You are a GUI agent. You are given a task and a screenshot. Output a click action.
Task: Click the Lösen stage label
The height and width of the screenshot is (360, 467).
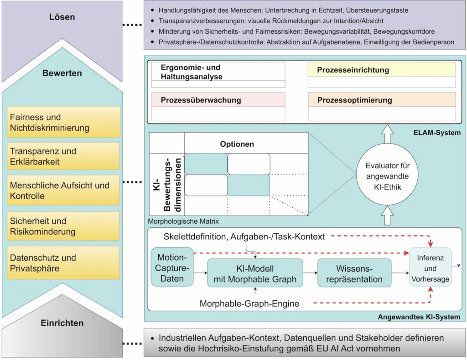click(62, 17)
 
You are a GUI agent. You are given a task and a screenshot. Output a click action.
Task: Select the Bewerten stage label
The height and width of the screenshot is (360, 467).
click(62, 73)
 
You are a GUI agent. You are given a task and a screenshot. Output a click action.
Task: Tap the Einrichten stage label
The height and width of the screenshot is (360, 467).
click(62, 323)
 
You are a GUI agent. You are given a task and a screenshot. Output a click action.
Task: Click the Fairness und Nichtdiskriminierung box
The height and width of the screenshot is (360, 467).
click(63, 122)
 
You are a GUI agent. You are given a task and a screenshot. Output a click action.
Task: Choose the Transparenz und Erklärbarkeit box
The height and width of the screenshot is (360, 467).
click(63, 156)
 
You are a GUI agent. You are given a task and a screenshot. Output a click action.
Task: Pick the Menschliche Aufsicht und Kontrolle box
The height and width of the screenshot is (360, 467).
click(63, 190)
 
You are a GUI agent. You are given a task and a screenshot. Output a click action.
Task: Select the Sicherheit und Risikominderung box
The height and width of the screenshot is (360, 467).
click(63, 226)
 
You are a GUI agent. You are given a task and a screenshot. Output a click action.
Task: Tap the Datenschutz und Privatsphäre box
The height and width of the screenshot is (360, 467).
click(63, 263)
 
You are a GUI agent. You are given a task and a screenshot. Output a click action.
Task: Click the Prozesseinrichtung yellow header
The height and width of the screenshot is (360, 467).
click(382, 70)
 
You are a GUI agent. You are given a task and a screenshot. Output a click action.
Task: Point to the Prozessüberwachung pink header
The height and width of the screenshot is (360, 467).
click(218, 100)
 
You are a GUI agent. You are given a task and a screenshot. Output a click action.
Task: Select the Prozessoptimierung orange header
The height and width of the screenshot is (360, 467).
click(382, 100)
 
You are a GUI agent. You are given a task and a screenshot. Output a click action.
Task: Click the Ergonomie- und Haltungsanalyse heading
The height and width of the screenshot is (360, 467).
click(192, 72)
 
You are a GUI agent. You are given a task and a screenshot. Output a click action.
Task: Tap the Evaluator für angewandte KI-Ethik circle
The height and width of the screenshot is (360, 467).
click(387, 175)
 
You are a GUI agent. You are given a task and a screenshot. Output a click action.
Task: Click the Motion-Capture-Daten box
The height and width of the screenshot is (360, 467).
click(172, 267)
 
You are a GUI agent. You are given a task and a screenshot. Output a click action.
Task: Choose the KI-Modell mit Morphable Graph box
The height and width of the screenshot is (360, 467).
click(255, 273)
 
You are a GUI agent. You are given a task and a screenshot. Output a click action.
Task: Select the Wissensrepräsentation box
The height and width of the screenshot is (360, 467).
click(354, 273)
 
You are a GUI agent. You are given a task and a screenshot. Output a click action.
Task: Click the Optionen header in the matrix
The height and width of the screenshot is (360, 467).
click(237, 144)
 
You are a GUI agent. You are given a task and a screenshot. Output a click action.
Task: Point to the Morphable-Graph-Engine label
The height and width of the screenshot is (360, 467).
click(249, 303)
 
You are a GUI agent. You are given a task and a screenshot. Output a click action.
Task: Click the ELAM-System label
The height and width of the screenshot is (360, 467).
click(437, 133)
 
